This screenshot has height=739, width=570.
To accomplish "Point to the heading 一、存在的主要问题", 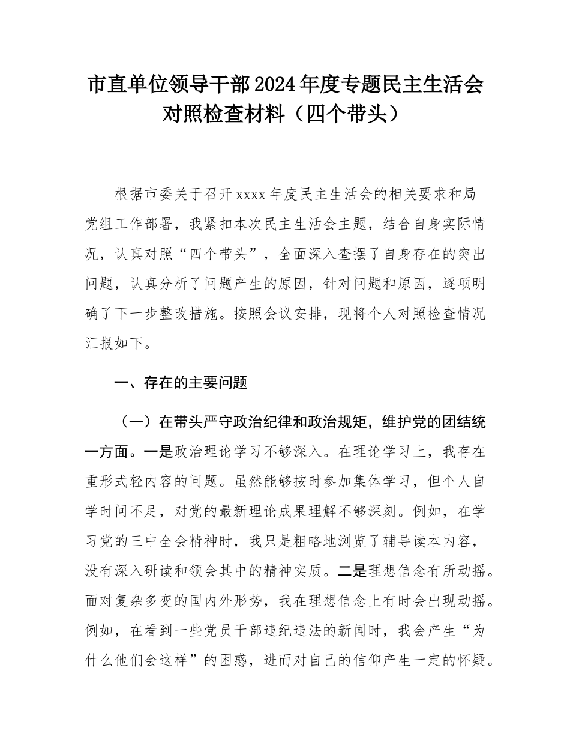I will (x=180, y=382).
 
